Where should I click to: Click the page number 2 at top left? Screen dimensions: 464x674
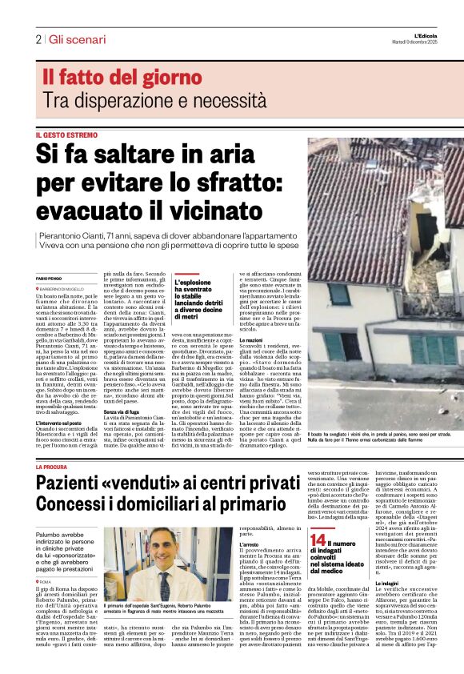(x=38, y=39)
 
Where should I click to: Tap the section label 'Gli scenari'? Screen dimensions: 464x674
(x=77, y=39)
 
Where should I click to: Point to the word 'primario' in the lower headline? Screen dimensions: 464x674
(x=270, y=508)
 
